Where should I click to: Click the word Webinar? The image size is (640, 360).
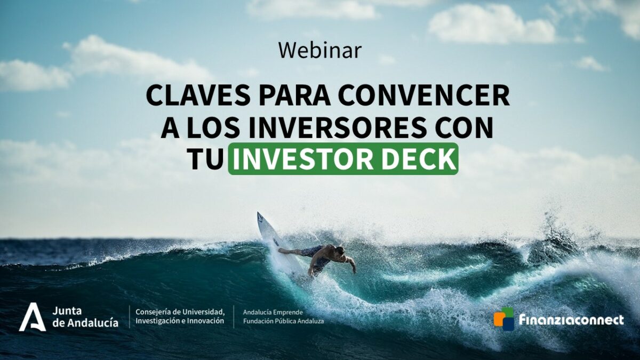coord(320,51)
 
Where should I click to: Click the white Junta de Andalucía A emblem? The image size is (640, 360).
coord(33,317)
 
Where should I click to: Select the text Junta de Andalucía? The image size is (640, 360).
coord(85,317)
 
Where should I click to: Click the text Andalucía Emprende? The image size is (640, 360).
coord(273,312)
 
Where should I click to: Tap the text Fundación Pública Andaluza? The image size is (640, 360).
coord(283,322)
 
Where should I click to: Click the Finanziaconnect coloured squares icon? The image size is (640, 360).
coord(503,318)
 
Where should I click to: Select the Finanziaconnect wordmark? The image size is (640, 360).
coord(571,319)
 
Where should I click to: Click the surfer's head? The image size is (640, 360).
coord(340,251)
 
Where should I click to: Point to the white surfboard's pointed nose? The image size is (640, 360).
coord(258,213)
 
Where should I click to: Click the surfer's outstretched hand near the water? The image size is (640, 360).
coord(354,269)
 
